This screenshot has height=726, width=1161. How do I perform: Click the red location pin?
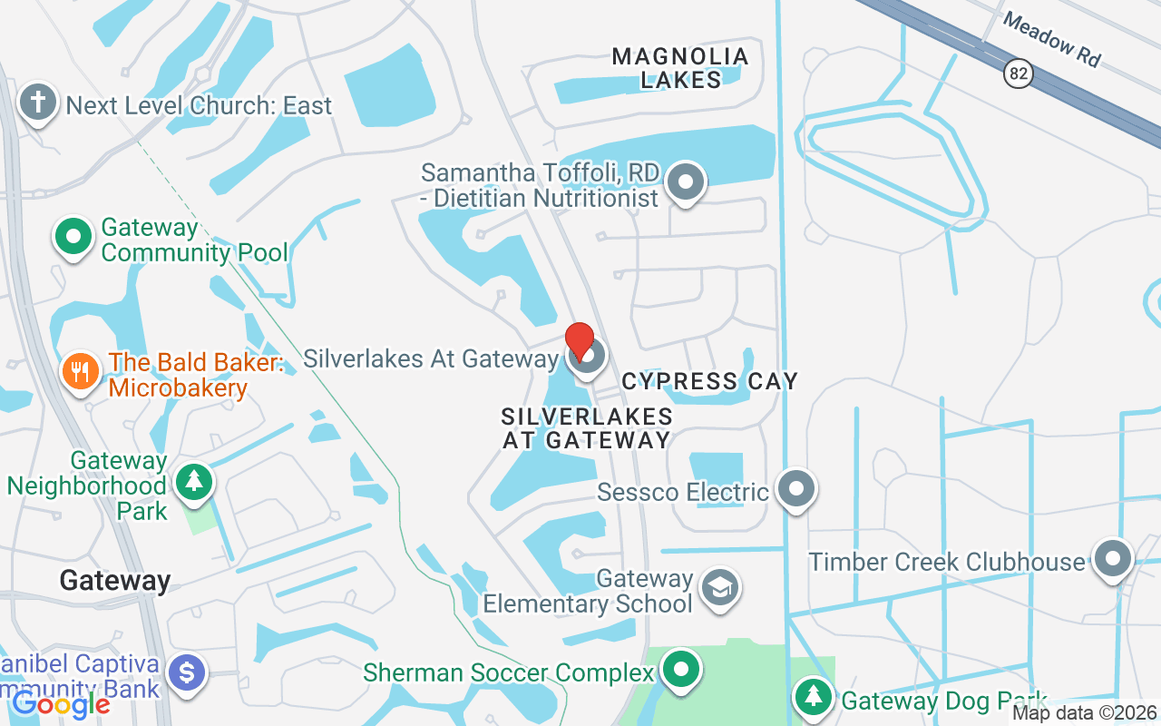tap(580, 340)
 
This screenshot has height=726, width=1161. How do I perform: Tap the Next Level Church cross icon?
tap(38, 103)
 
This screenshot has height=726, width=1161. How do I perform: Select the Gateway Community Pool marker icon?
tap(74, 238)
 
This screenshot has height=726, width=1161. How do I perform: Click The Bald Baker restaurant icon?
tap(81, 370)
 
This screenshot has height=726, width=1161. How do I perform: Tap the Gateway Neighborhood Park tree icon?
tap(193, 480)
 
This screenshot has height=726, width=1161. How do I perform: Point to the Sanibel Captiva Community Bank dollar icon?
tap(187, 674)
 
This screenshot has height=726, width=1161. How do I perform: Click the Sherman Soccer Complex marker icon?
tap(680, 671)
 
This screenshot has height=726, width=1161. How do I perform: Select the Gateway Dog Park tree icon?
tap(815, 697)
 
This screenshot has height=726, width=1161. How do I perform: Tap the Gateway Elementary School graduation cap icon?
tap(719, 587)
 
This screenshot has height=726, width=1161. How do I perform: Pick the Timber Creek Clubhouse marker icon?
tap(1112, 559)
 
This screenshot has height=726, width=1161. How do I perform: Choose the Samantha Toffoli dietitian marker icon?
tap(686, 181)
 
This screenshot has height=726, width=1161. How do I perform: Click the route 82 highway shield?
tap(1019, 74)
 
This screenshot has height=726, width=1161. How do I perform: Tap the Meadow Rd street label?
tap(1052, 40)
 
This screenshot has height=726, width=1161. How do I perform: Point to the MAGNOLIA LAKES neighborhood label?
tap(681, 68)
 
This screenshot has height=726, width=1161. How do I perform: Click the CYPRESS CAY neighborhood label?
tap(710, 381)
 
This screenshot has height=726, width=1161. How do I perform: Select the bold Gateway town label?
tap(115, 580)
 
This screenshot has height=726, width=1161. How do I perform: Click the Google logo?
tap(62, 703)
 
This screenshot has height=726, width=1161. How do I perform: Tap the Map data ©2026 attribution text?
tap(1085, 713)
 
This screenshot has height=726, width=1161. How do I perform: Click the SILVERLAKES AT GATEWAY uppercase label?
tap(587, 428)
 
